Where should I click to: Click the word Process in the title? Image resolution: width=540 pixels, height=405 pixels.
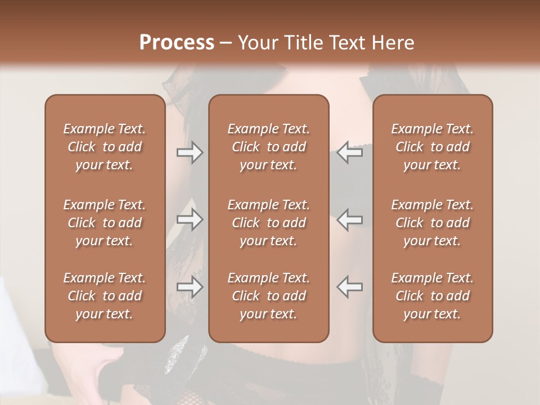(x=177, y=42)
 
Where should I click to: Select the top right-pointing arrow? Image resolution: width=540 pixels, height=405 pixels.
(x=190, y=153)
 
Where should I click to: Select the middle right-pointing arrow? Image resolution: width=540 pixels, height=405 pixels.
(x=190, y=219)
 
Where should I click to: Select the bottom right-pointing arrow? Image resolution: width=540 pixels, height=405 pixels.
(x=190, y=287)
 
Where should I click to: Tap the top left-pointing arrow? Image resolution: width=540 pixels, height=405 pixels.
(x=350, y=153)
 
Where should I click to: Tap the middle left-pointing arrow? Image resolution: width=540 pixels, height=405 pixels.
(x=350, y=219)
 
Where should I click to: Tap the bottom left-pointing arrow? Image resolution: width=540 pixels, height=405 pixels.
(x=350, y=287)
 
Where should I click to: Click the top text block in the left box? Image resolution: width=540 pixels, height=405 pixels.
(x=105, y=147)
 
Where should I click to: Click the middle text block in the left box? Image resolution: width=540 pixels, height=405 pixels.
(x=105, y=223)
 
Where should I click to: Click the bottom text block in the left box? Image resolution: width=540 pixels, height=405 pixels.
(x=105, y=296)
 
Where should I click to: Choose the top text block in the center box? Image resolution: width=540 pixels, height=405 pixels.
(x=268, y=147)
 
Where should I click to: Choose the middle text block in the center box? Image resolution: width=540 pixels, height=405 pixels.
(x=268, y=223)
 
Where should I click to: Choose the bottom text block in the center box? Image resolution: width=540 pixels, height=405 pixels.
(x=268, y=296)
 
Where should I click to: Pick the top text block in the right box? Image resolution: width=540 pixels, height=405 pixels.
(x=432, y=147)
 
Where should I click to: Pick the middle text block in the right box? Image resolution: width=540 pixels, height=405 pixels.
(x=432, y=223)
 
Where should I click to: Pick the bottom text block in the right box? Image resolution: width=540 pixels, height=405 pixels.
(x=432, y=296)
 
